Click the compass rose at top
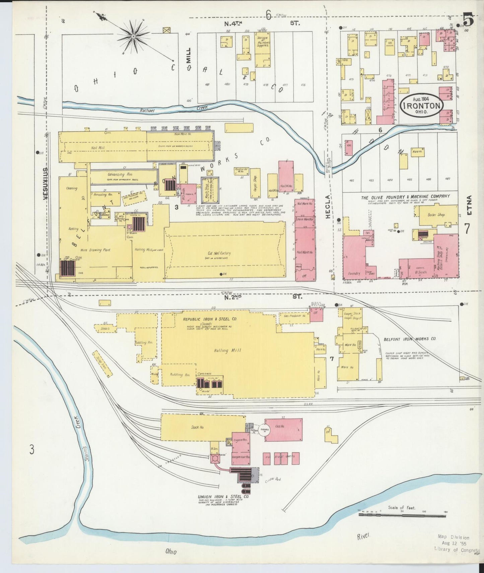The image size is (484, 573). [x=133, y=36]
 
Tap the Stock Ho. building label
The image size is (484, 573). [x=198, y=427]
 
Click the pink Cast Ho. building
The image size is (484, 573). [x=283, y=430]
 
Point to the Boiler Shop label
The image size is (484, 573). [x=436, y=215]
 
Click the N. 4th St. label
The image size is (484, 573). [x=261, y=23]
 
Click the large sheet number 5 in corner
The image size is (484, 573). [x=468, y=21]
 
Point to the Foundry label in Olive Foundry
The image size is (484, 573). [x=354, y=273]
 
